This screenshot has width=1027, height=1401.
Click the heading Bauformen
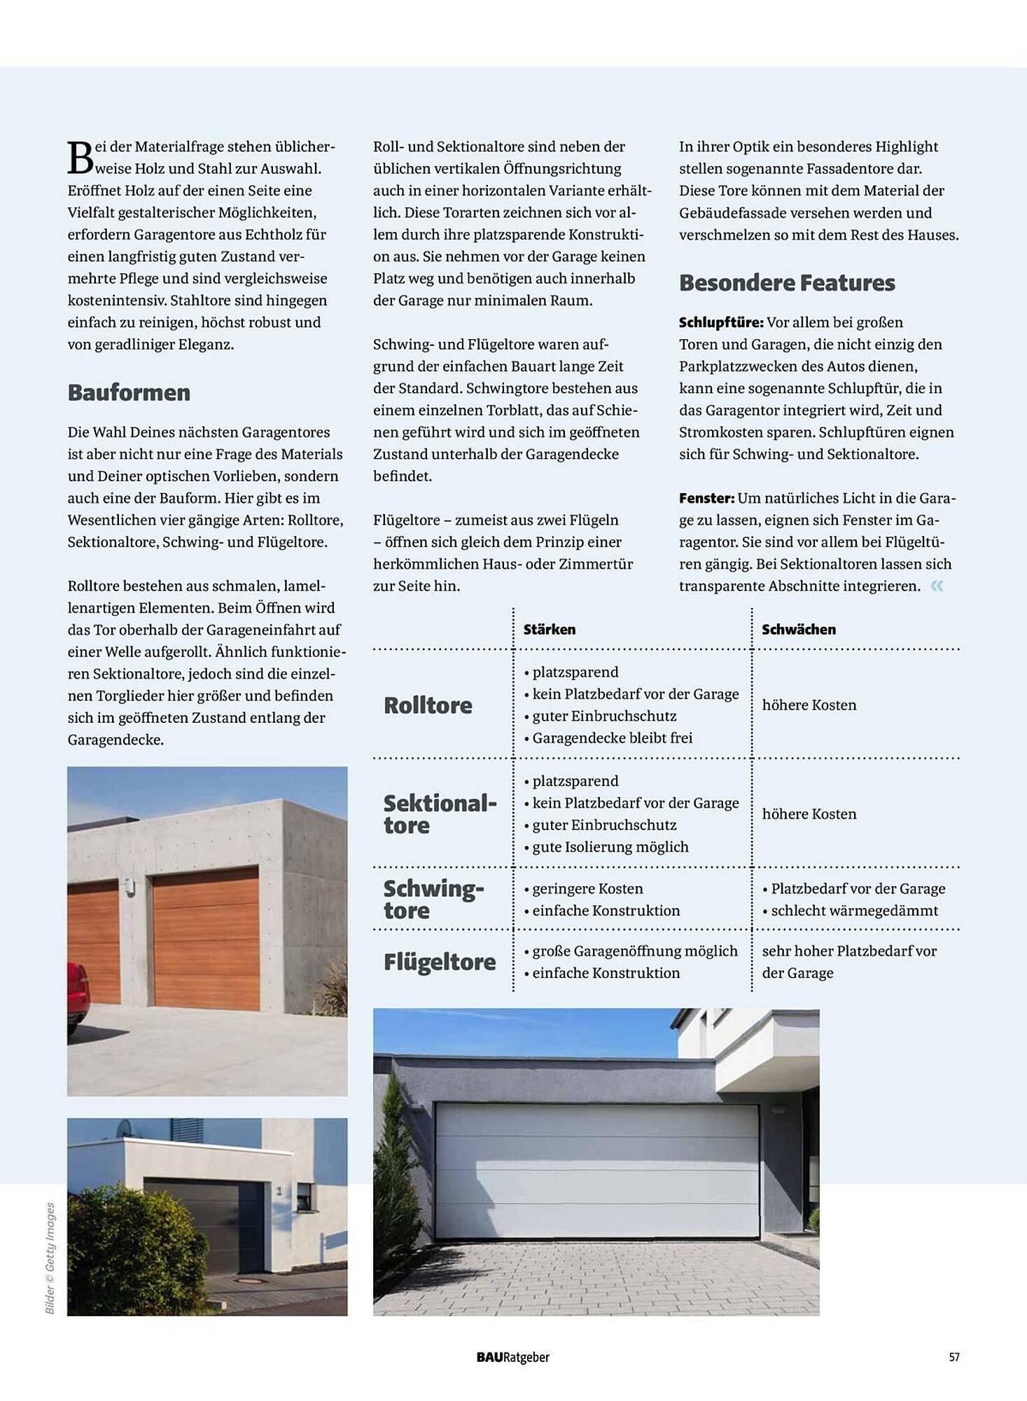click(x=129, y=392)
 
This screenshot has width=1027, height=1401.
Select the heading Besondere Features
click(x=787, y=283)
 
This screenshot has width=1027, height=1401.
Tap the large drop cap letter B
click(x=80, y=158)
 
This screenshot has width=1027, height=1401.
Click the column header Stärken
click(x=550, y=629)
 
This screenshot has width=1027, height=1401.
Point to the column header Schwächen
click(x=799, y=629)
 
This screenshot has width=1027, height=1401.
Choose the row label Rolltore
click(x=428, y=705)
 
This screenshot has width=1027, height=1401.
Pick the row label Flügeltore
click(x=440, y=962)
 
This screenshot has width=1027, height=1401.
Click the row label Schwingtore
click(x=433, y=899)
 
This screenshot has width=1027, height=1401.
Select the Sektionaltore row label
click(x=440, y=814)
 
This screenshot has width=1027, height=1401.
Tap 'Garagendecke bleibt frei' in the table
click(x=612, y=738)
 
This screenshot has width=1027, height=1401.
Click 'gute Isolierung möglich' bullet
click(x=610, y=847)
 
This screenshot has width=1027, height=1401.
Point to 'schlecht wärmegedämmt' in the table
click(x=854, y=911)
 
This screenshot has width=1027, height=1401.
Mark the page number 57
click(x=954, y=1357)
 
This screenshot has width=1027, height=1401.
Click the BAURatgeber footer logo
click(x=513, y=1357)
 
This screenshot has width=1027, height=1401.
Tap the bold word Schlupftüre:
click(x=721, y=322)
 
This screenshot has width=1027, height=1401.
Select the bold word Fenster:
click(x=706, y=498)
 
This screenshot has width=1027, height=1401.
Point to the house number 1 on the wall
click(x=279, y=1190)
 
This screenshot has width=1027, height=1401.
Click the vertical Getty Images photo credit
click(x=50, y=1257)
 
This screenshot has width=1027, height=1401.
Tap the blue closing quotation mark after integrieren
click(x=937, y=586)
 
